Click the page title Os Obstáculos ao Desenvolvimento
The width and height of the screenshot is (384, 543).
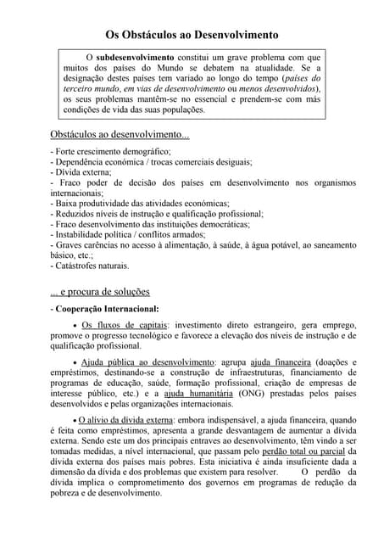pyautogui.click(x=192, y=36)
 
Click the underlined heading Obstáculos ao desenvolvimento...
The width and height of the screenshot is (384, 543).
pyautogui.click(x=119, y=134)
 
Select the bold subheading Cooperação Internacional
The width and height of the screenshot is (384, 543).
pyautogui.click(x=107, y=309)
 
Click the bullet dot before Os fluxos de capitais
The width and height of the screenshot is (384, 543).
pyautogui.click(x=75, y=327)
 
